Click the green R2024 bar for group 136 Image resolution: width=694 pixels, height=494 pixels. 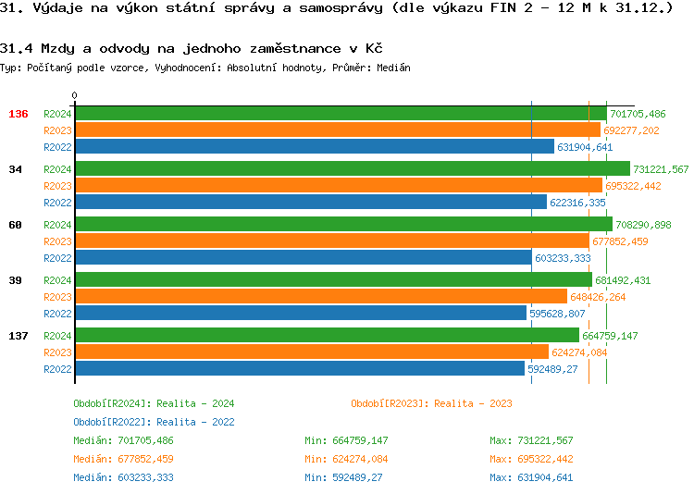coord(341,114)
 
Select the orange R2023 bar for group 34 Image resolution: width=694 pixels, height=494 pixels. coord(339,186)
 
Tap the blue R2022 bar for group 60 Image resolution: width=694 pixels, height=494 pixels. coord(304,258)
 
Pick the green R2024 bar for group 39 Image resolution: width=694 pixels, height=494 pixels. coord(333,280)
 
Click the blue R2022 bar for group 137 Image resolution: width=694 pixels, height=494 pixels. coord(300,369)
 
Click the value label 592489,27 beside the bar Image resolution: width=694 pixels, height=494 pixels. coord(552,369)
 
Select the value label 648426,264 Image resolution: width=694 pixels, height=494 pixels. coord(598,297)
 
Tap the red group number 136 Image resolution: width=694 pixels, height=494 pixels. coord(19,114)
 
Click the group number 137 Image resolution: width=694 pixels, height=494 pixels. coord(19,336)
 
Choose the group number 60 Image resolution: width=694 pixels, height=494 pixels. coord(16,225)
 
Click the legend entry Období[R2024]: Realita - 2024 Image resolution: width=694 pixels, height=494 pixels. coord(154,403)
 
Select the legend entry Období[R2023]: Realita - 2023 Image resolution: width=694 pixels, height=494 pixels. coord(431,403)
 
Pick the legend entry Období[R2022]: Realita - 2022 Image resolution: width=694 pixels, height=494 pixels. coord(154,422)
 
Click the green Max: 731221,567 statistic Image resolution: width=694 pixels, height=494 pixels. coord(531,440)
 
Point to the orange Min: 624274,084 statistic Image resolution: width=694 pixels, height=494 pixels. coord(346,459)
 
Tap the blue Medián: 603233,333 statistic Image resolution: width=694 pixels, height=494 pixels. coord(123,477)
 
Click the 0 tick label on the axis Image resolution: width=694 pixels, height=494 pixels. coord(75,95)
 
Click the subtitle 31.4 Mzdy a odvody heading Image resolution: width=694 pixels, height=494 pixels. coord(192,47)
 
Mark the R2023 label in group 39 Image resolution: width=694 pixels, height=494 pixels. coord(57,297)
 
